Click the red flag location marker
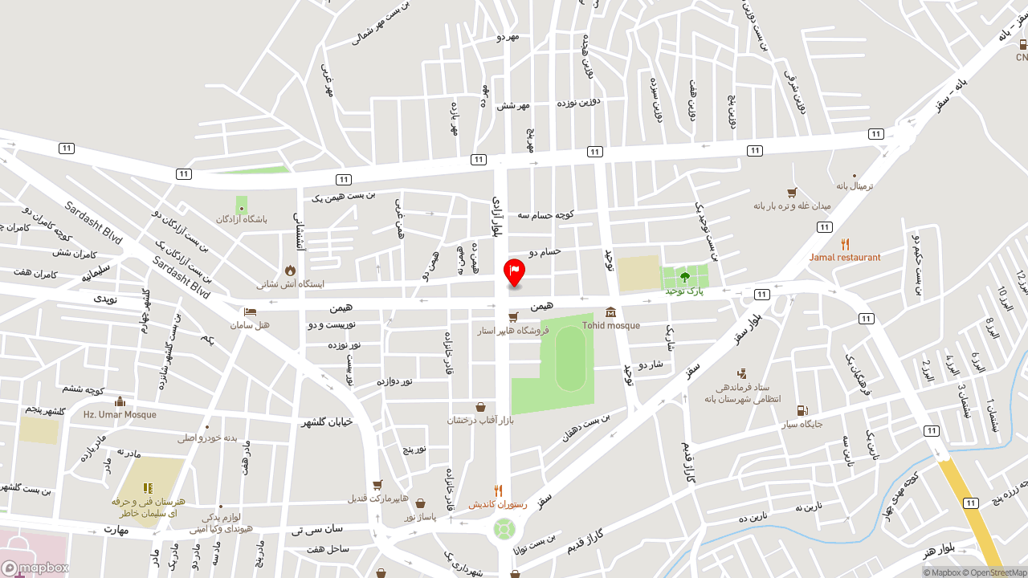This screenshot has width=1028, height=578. pos(514,271)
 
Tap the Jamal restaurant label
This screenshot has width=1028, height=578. pos(845,258)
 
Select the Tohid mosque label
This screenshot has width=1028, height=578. pos(611,326)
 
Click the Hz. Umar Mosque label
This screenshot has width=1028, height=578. pos(120,415)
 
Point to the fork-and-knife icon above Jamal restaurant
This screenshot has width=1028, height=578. pos(845,244)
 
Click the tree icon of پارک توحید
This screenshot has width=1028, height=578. pos(684,277)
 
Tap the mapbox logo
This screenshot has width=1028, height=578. pos(35,568)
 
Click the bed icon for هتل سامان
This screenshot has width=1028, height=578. pos(250,311)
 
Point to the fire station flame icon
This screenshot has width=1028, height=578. pos(290,271)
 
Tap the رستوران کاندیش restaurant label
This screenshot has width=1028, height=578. pos(499,504)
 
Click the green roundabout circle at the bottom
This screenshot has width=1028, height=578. pos(504,529)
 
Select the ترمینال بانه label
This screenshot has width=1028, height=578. pos(854,186)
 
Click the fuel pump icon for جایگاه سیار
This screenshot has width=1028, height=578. pos(802,411)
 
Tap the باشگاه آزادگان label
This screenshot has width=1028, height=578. pos(241,219)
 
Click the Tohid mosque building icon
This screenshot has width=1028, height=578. pos(611,312)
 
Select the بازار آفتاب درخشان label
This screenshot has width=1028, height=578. pos(480,420)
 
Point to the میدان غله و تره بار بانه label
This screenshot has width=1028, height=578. pos(792,206)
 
